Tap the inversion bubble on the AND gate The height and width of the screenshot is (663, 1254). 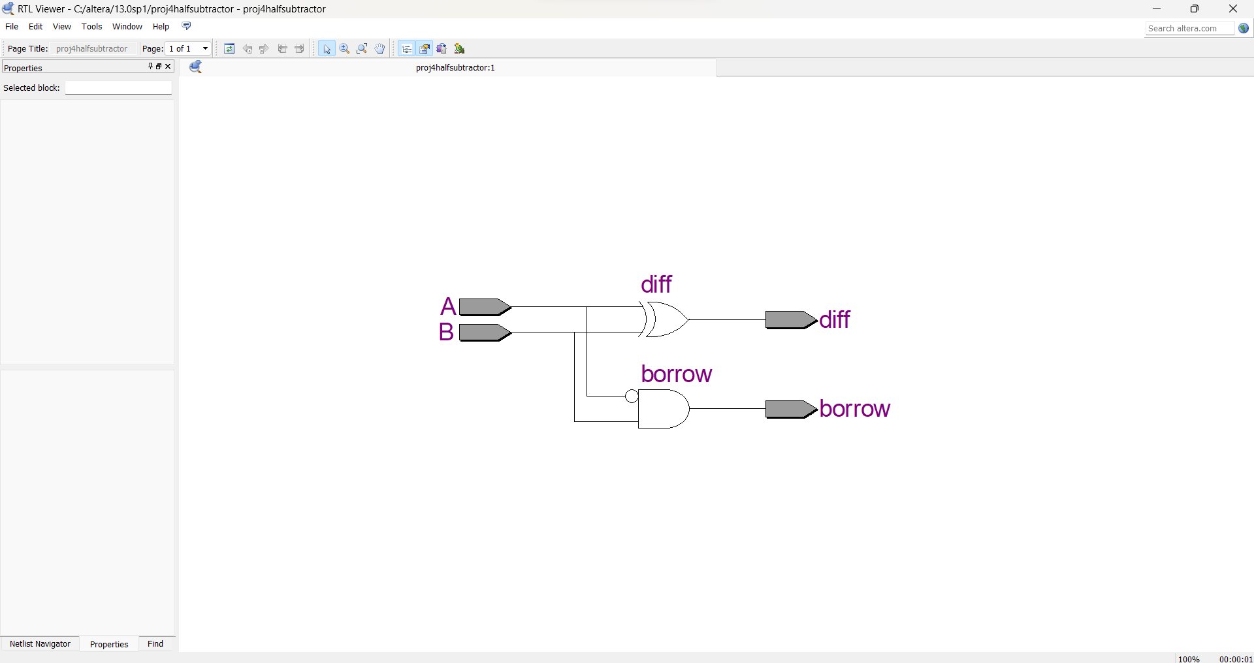(632, 396)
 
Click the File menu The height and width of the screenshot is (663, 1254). (12, 27)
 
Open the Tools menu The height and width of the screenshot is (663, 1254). (91, 27)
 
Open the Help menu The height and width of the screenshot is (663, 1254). (161, 27)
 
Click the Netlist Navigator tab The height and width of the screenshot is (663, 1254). (40, 644)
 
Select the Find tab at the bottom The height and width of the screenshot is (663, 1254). (155, 644)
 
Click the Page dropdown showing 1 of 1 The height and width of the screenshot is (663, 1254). (189, 49)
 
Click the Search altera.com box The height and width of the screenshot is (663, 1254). (1189, 29)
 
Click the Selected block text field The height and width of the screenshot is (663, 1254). (118, 88)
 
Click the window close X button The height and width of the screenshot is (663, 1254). (1232, 8)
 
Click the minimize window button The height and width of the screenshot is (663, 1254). (1157, 8)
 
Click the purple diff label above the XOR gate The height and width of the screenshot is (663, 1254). (656, 285)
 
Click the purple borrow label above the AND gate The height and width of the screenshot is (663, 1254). (676, 374)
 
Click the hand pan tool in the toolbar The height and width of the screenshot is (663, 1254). (380, 49)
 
